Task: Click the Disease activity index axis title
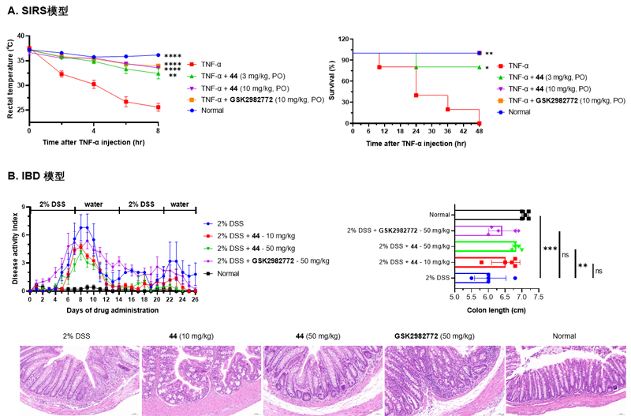[10, 249]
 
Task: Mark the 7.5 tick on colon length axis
[538, 298]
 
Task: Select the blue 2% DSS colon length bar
[472, 278]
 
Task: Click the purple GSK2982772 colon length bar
[478, 230]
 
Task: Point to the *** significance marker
[550, 249]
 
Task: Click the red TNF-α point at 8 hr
[158, 107]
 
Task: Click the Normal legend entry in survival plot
[519, 112]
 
